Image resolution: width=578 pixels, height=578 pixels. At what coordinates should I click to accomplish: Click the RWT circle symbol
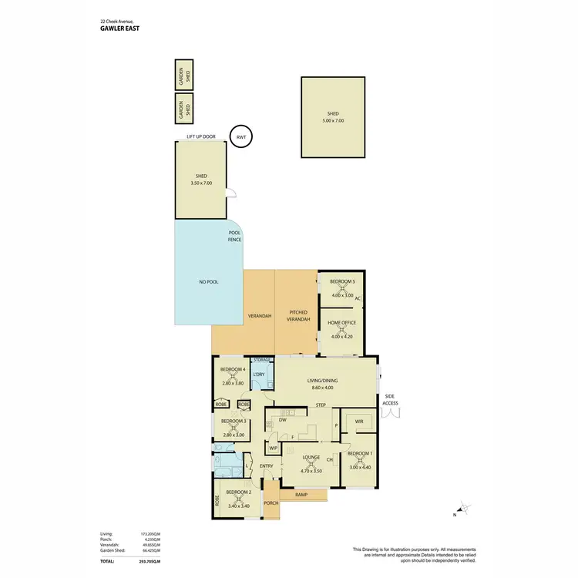tap(242, 136)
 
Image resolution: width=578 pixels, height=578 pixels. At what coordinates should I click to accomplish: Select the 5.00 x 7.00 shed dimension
tap(333, 121)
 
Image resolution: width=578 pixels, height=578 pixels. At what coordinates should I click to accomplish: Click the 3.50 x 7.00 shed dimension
tap(201, 183)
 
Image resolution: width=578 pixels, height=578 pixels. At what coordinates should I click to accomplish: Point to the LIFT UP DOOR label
tap(200, 136)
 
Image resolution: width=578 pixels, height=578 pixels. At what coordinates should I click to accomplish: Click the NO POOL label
tap(208, 282)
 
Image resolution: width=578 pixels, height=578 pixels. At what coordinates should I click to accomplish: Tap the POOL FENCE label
tap(235, 236)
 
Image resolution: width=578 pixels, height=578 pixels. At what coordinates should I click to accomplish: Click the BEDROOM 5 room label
tap(342, 281)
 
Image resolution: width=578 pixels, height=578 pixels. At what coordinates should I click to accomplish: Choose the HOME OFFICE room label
tap(342, 323)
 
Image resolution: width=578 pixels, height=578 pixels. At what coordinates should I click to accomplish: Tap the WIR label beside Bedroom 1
tap(359, 422)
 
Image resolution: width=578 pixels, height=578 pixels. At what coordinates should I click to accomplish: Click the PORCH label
tap(271, 502)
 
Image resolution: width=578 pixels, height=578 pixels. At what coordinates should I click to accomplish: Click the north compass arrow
tap(462, 508)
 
